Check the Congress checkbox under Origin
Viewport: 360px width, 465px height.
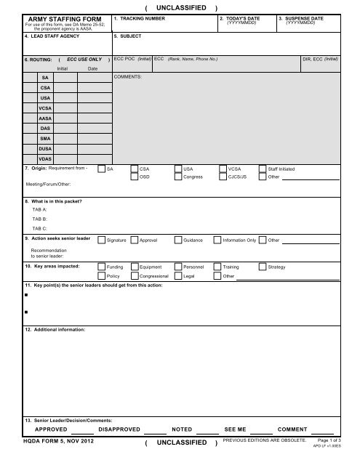179,177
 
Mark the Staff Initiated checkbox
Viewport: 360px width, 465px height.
263,168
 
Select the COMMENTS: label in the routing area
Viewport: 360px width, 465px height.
129,75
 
